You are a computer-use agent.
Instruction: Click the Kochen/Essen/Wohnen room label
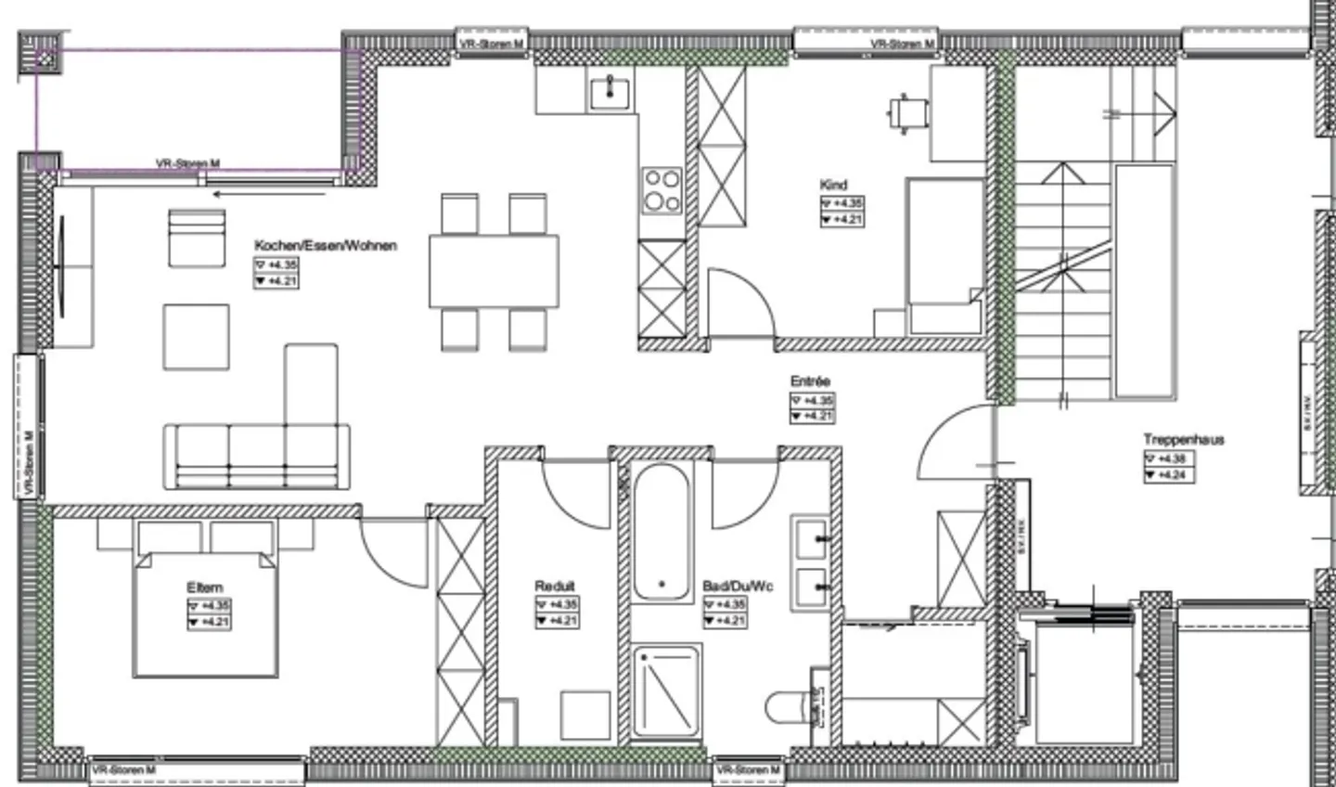[326, 246]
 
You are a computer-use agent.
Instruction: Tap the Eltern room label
[204, 587]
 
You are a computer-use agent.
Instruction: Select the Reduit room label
[555, 586]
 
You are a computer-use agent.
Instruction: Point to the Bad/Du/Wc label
[739, 587]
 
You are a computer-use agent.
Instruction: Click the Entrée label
[810, 381]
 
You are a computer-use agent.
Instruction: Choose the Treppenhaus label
[1183, 440]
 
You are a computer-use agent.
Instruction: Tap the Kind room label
[833, 185]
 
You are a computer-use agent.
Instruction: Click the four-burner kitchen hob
[662, 190]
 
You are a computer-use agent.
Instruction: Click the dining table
[494, 271]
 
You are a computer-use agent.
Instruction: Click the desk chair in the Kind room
[906, 114]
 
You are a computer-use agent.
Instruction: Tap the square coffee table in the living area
[197, 337]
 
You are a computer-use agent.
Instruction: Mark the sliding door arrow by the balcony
[269, 194]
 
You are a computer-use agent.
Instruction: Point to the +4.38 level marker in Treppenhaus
[1168, 458]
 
